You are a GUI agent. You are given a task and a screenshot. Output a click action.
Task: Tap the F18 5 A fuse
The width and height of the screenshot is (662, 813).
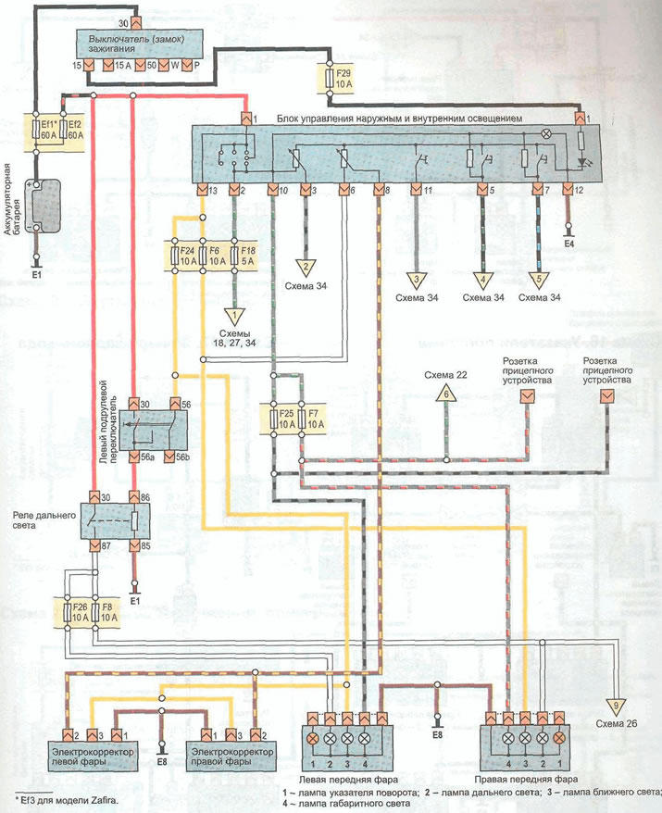pyautogui.click(x=247, y=256)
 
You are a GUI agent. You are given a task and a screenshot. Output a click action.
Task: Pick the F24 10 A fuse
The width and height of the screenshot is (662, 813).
pyautogui.click(x=185, y=256)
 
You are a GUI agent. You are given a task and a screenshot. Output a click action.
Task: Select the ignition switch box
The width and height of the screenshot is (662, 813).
pyautogui.click(x=135, y=44)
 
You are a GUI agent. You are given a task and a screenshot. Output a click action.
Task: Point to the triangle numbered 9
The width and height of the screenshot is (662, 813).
pyautogui.click(x=618, y=706)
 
